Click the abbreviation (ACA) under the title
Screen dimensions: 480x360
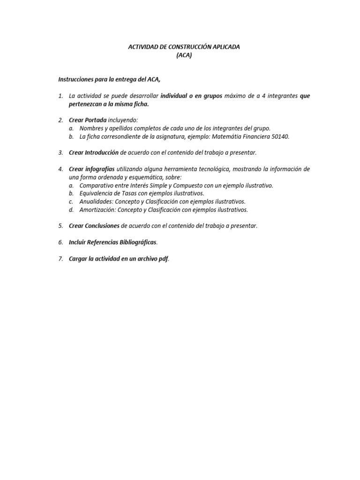coord(184,55)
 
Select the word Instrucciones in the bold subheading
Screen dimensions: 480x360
coord(76,79)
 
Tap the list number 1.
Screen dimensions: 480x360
coord(60,96)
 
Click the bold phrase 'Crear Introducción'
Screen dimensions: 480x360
coord(94,153)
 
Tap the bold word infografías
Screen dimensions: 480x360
coord(100,169)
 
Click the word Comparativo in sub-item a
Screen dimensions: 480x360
coord(98,186)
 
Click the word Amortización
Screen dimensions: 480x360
coord(97,210)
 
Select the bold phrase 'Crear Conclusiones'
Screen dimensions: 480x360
coord(94,226)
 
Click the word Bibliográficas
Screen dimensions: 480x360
coord(135,242)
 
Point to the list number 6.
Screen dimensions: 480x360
coord(60,242)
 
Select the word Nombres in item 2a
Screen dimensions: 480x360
coord(92,128)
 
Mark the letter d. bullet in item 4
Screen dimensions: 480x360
coord(71,210)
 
